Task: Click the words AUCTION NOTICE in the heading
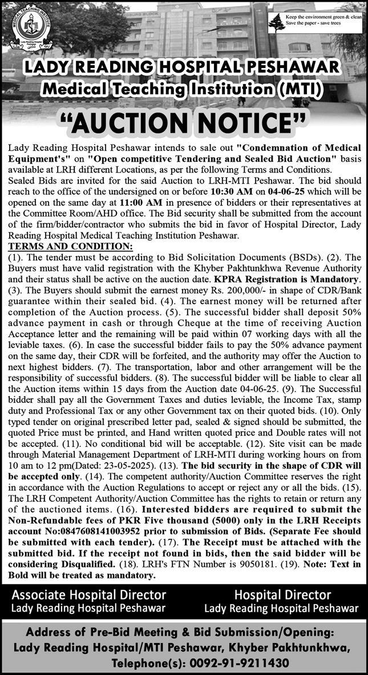tap(183, 122)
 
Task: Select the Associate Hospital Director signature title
tap(88, 595)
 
